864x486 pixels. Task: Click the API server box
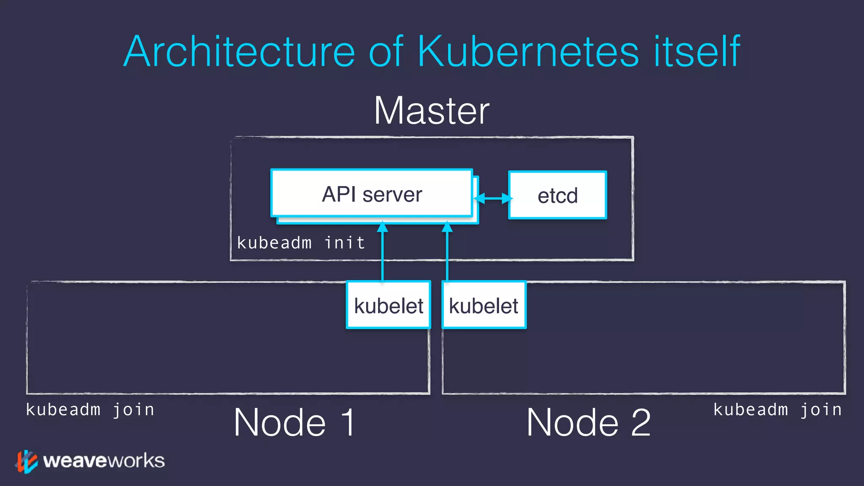coord(371,194)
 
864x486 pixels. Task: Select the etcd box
coord(557,195)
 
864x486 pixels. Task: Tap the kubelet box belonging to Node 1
coord(388,305)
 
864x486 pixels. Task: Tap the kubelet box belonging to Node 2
coord(484,305)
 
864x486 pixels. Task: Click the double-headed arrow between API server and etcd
coord(493,198)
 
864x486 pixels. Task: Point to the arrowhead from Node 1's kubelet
coord(382,227)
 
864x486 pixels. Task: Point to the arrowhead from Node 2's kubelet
coord(447,227)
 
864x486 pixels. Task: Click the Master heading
coord(432,111)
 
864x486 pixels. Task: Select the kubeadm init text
coord(301,243)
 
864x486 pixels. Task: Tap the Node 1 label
coord(294,423)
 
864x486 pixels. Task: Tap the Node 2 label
coord(588,423)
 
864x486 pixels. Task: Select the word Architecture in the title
coord(239,51)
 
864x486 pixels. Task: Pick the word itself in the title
coord(697,51)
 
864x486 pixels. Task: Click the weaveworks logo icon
coord(27,461)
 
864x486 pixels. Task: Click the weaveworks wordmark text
coord(104,461)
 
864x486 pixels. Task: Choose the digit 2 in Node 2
coord(641,423)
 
